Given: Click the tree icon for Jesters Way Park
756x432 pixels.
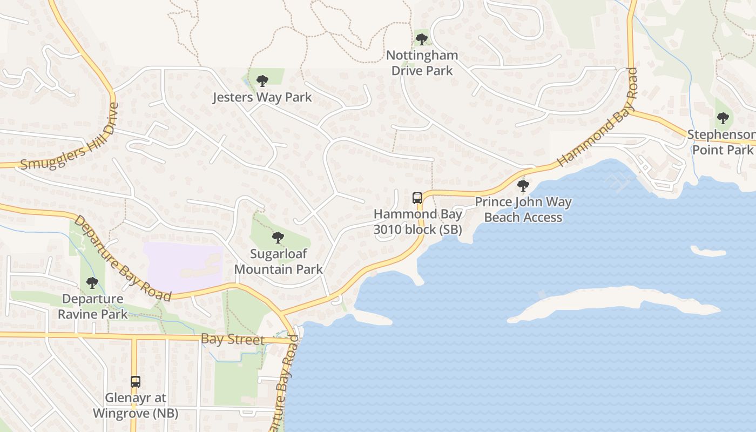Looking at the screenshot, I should pos(262,82).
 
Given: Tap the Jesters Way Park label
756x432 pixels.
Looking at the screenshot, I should pos(262,98).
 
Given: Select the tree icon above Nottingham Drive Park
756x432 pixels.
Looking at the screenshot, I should pos(421,39).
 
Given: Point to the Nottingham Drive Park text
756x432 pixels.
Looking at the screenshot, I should pos(422,63).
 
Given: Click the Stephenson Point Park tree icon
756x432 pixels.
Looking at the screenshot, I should pos(723,118).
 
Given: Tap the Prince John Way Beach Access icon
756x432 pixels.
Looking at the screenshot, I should pos(523,186).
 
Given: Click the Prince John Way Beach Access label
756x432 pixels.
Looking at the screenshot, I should pos(523,210).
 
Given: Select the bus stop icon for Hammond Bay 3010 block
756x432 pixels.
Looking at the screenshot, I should pos(417,198).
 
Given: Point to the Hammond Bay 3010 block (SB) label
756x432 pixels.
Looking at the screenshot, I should pos(418,221).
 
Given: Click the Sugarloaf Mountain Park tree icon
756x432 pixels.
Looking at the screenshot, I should pos(278,238).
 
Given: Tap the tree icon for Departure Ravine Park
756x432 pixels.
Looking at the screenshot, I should pos(92,283).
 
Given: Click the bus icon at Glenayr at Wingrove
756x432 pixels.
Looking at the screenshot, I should pos(136,382).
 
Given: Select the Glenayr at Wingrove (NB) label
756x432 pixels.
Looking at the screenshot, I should pos(136,405).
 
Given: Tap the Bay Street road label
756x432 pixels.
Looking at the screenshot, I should pos(233,340).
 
